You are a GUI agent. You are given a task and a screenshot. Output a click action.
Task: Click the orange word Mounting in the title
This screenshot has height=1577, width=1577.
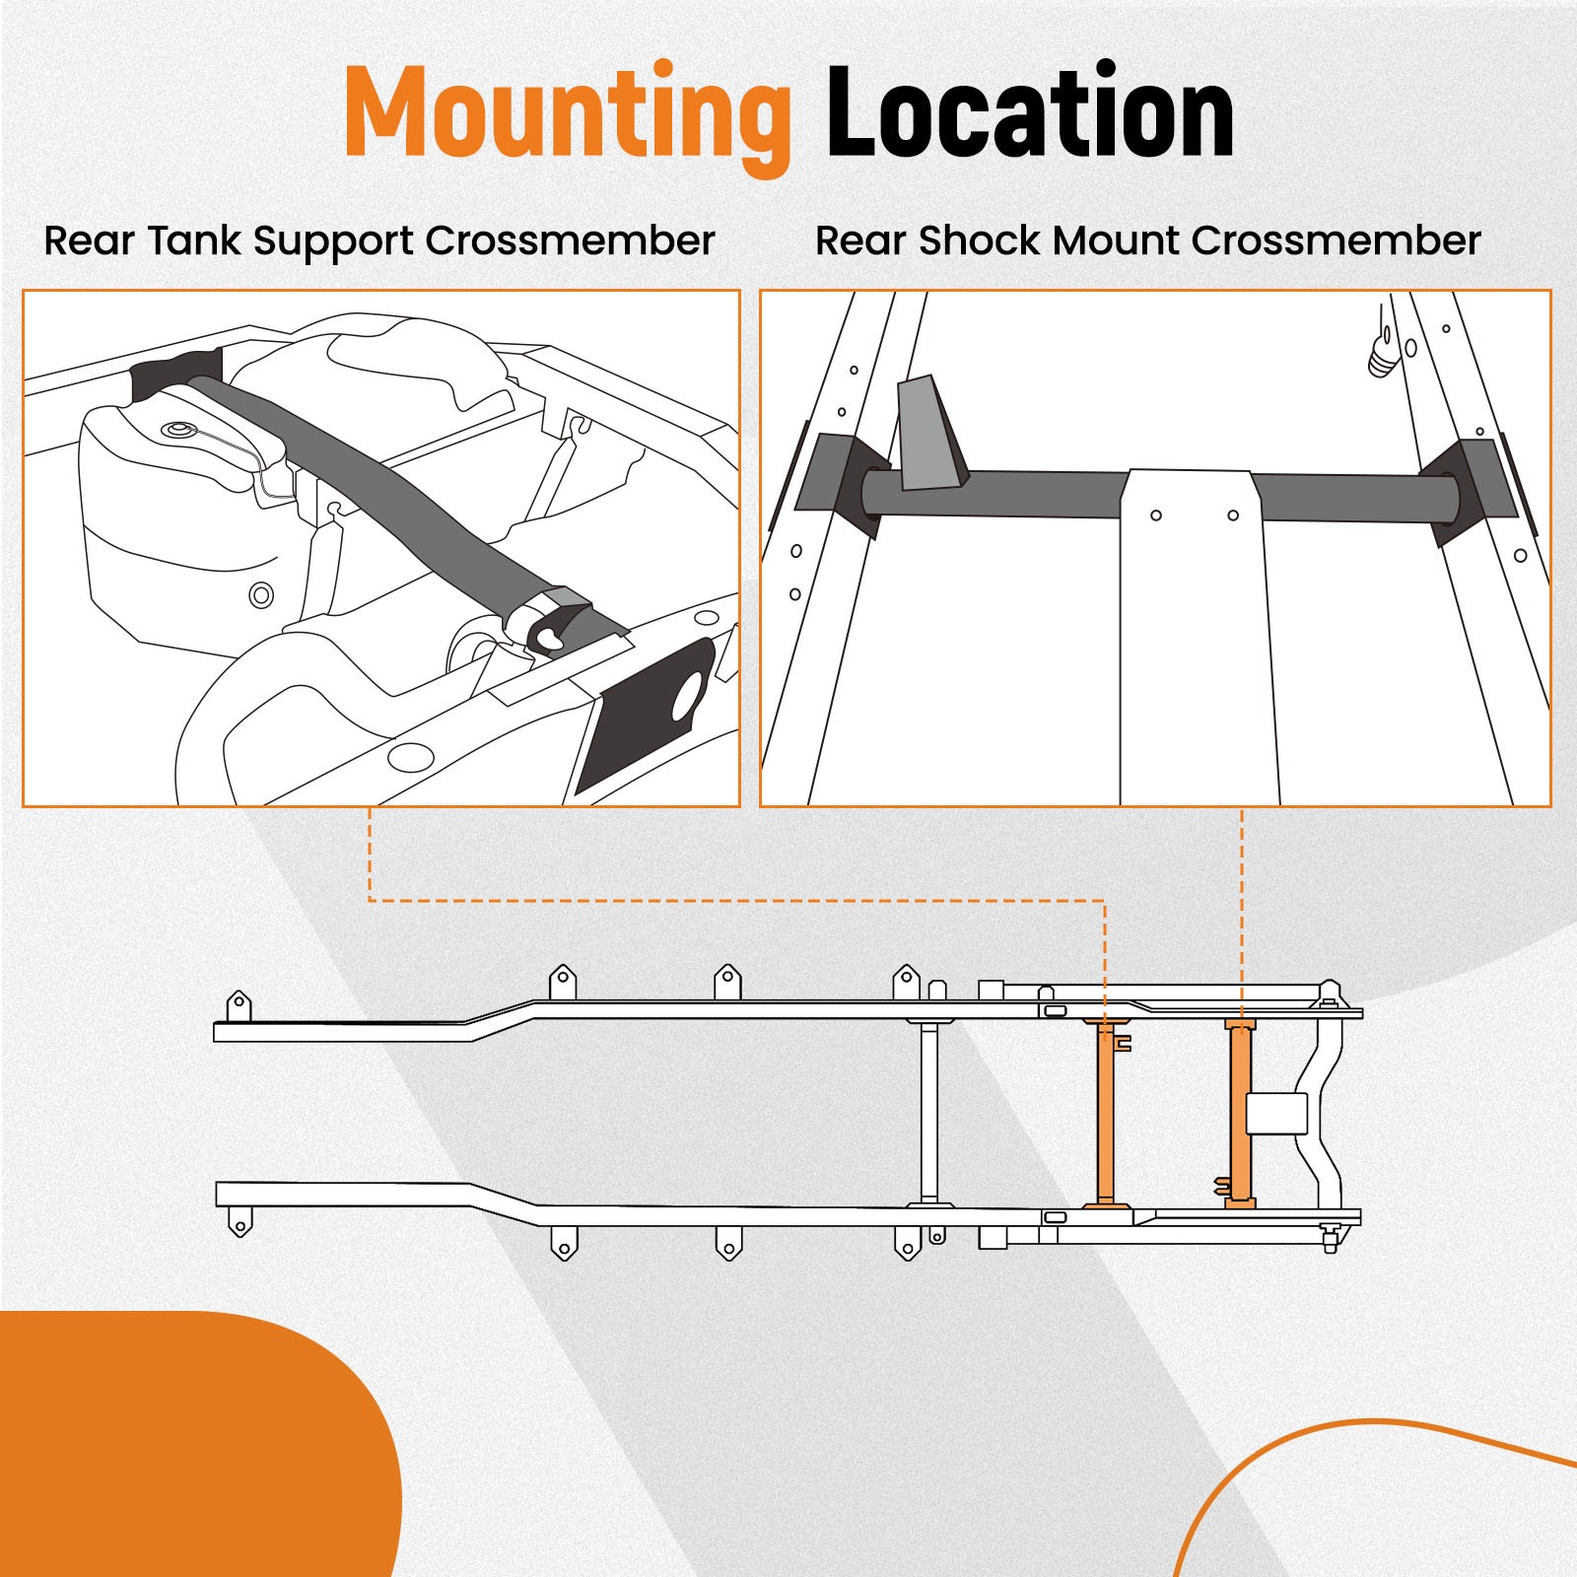click(x=567, y=113)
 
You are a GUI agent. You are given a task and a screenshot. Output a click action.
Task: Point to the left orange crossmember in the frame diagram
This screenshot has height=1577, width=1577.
click(x=1106, y=1114)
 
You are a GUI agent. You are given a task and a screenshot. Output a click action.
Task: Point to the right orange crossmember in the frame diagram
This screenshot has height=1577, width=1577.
click(x=1240, y=1114)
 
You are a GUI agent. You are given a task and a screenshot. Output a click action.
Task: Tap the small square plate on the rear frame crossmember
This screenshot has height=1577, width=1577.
click(x=1276, y=1113)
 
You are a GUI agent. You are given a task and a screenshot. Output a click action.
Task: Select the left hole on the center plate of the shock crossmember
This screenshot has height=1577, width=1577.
click(x=1156, y=515)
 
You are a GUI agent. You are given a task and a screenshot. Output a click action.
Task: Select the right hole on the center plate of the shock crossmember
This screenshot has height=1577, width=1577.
click(x=1233, y=515)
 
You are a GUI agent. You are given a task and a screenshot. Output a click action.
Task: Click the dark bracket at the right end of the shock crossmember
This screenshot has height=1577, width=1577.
click(x=1469, y=488)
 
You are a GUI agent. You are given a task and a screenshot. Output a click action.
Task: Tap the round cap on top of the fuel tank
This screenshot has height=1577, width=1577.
click(x=179, y=432)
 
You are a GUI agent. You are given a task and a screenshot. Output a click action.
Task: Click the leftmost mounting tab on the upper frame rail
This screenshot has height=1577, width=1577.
click(x=239, y=1006)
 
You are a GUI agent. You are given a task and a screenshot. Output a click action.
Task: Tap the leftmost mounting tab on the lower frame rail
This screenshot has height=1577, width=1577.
click(x=240, y=1223)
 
